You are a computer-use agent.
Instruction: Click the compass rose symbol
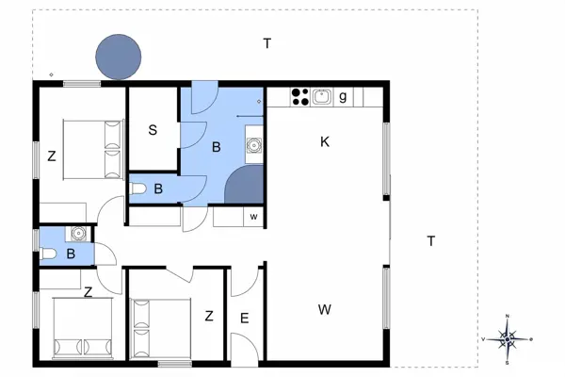pos(508,338)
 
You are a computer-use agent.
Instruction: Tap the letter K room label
pos(325,142)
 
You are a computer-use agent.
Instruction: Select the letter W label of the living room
pos(324,309)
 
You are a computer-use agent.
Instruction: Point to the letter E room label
pos(244,318)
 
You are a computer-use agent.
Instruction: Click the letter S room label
pos(153,130)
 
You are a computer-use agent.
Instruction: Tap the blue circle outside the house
pos(119,57)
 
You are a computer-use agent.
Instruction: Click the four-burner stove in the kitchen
pos(300,95)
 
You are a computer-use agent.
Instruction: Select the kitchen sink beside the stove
pos(322,95)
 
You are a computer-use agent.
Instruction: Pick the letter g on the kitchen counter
pos(344,95)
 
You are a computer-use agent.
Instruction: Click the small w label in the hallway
pos(253,217)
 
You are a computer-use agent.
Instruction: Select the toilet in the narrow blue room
pos(138,189)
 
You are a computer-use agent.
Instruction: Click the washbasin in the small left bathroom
pos(75,234)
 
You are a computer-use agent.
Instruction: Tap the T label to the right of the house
pos(430,241)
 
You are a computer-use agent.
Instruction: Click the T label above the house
pos(267,43)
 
